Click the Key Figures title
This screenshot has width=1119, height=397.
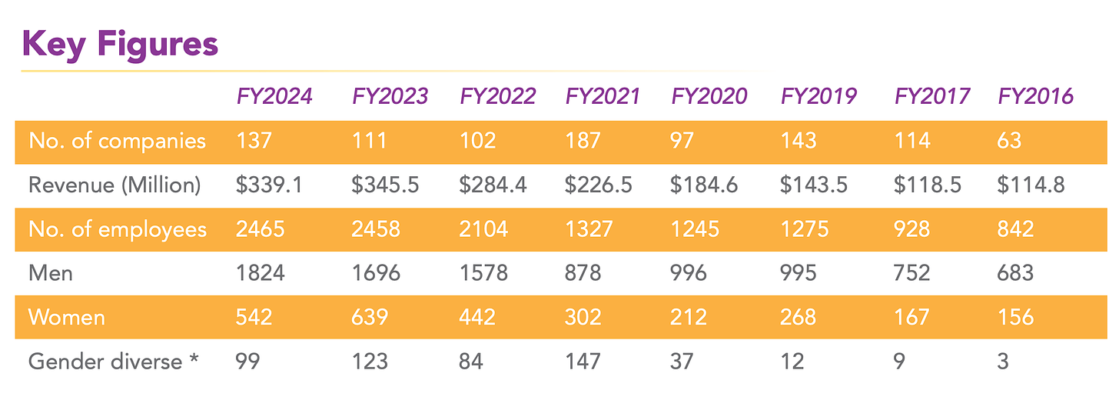click(121, 44)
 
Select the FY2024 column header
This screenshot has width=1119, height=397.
click(274, 96)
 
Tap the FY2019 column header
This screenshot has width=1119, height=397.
click(818, 96)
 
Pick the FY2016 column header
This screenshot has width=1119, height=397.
click(1035, 96)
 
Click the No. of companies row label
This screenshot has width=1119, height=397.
click(117, 141)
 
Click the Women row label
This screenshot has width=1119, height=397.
click(67, 317)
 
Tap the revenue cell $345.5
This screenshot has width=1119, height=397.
click(386, 185)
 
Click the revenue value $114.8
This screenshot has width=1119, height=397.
click(1031, 185)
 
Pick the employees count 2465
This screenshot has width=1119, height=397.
click(261, 229)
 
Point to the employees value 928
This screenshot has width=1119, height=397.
click(913, 229)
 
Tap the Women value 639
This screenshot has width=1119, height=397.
click(370, 317)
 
